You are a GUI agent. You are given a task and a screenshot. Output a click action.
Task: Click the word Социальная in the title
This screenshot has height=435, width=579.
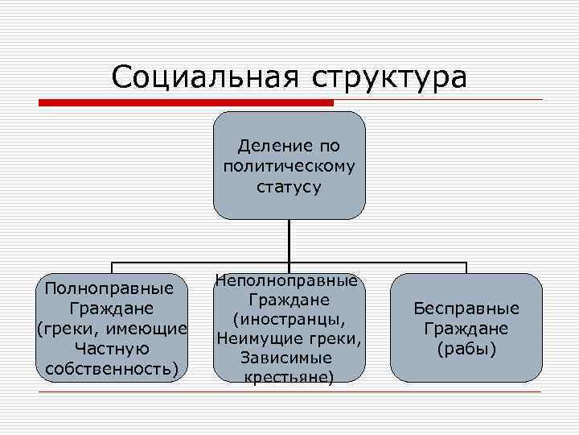202,77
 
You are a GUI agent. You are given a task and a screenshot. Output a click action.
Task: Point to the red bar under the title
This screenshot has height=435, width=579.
186,103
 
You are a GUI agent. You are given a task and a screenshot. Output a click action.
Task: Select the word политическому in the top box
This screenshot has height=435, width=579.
289,167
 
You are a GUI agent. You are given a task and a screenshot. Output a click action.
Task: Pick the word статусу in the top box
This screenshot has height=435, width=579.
289,187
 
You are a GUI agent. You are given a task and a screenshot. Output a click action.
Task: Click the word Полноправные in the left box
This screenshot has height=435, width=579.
110,288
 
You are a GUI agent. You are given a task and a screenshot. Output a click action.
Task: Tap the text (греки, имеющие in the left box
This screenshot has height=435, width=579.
112,329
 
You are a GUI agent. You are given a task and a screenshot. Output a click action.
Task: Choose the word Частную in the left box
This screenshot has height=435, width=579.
111,348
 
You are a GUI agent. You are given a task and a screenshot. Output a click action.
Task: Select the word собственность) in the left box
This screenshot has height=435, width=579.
111,368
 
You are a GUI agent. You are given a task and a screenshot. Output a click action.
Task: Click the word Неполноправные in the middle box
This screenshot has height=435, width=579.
287,281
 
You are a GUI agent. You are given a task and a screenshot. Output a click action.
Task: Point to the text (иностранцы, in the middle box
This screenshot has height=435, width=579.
289,319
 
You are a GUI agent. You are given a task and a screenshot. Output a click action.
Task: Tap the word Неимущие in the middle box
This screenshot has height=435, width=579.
260,338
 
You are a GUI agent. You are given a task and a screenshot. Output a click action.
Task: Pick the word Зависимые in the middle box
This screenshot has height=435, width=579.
289,357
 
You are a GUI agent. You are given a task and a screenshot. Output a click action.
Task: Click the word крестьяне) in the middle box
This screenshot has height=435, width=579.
289,376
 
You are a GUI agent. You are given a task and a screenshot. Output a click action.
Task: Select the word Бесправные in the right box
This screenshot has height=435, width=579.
466,309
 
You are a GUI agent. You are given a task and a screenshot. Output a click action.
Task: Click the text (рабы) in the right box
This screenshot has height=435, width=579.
466,348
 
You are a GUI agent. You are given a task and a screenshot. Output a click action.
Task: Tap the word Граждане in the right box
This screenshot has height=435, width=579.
466,329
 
